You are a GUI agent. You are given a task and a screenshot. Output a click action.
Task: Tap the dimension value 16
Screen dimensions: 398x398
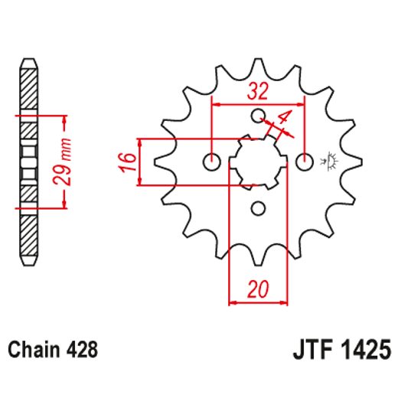tap(128, 161)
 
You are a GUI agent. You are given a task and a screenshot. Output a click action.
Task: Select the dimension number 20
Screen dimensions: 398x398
tap(259, 290)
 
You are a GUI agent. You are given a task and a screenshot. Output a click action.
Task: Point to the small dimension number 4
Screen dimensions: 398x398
tap(283, 119)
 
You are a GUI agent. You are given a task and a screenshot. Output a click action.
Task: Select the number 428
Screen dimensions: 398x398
tap(80, 351)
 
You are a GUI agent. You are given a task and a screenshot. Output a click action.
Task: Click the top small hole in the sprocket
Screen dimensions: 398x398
tap(259, 116)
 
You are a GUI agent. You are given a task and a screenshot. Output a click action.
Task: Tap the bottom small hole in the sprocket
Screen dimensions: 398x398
tap(259, 207)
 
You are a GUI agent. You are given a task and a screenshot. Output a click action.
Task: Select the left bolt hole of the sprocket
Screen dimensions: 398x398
tap(212, 161)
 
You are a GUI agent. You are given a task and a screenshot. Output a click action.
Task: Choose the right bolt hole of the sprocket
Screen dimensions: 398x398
tap(305, 161)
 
